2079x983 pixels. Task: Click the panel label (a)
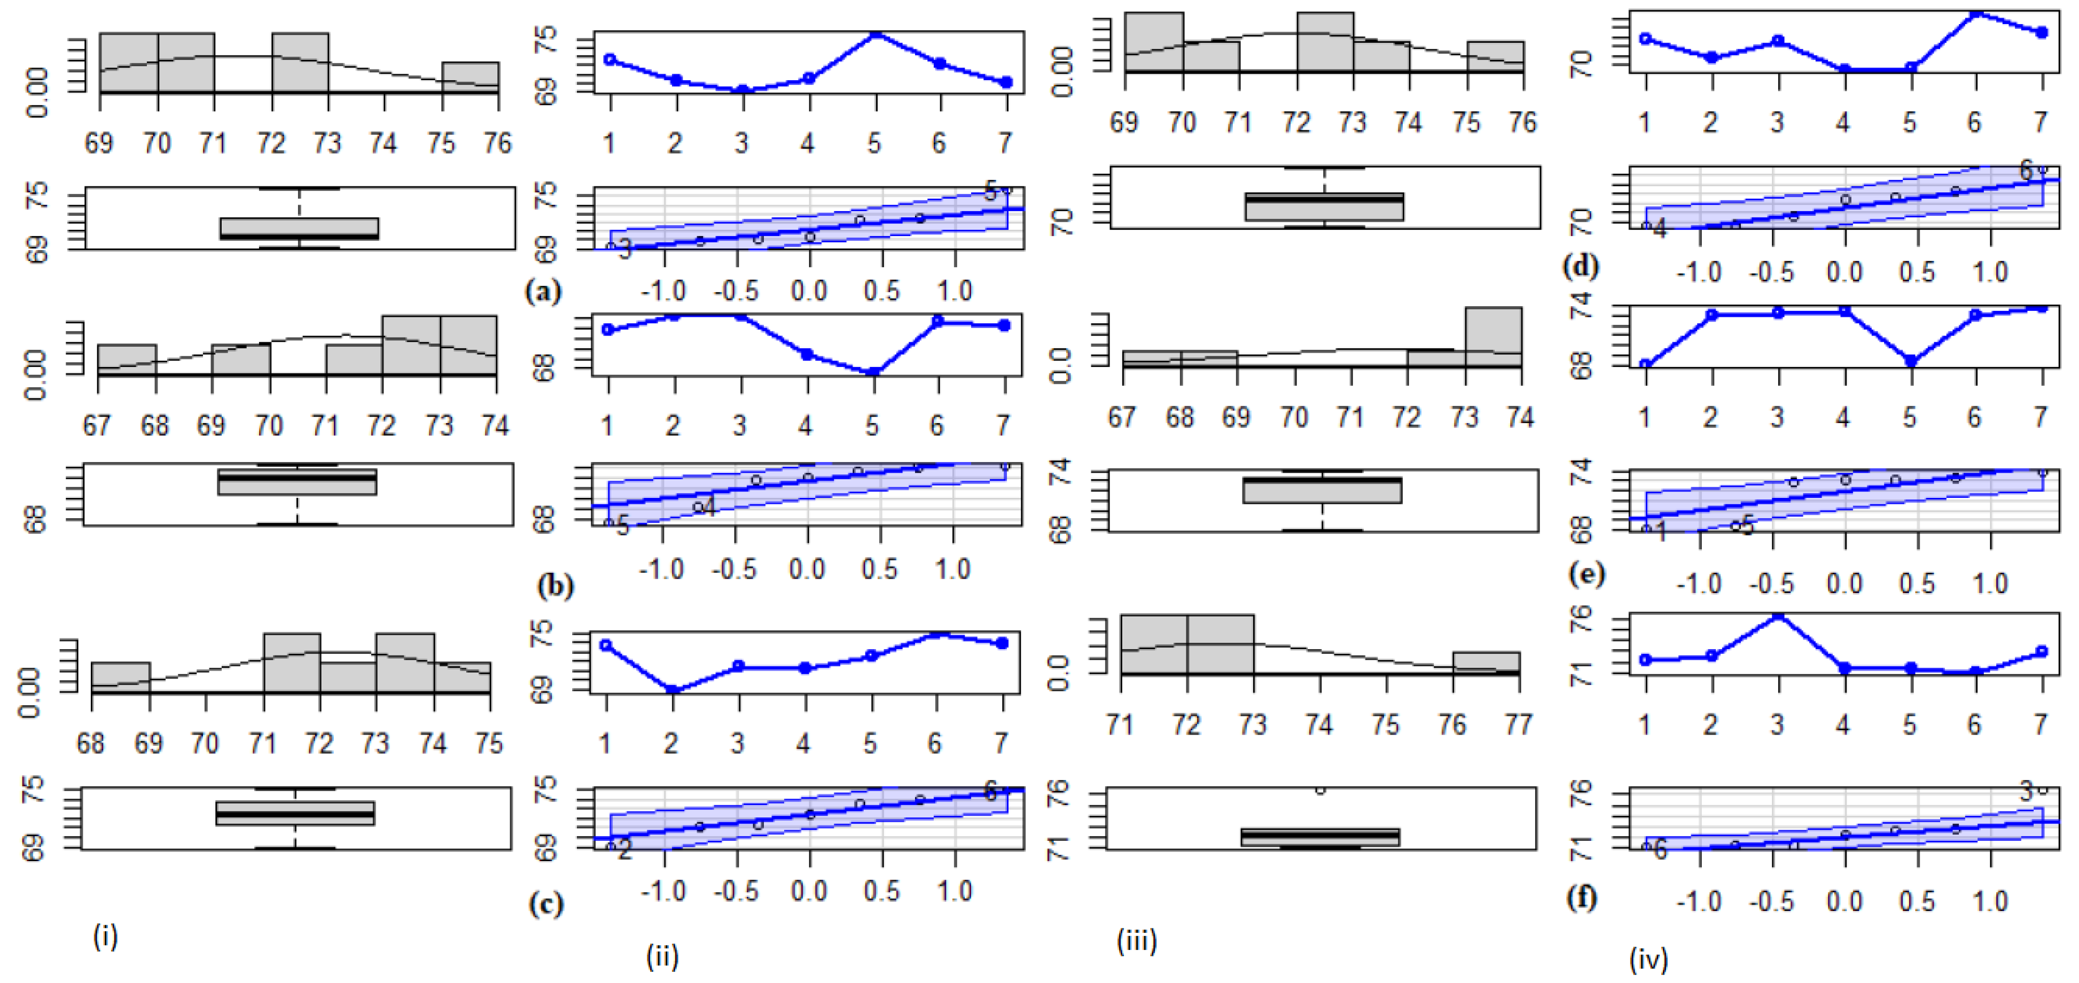pyautogui.click(x=542, y=291)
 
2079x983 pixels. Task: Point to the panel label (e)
pyautogui.click(x=1586, y=574)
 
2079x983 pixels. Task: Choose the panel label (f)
pyautogui.click(x=1582, y=896)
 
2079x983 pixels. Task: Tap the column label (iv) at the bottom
pyautogui.click(x=1649, y=959)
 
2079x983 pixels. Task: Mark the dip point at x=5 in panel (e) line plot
pyautogui.click(x=1910, y=361)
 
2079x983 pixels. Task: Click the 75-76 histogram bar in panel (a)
pyautogui.click(x=471, y=77)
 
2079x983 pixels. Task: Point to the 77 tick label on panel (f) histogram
pyautogui.click(x=1518, y=724)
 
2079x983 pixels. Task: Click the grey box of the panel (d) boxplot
pyautogui.click(x=1324, y=207)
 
